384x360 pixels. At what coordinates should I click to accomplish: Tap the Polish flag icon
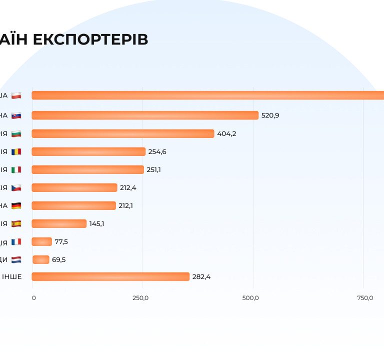(16, 95)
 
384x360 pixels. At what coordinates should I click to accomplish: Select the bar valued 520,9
(145, 115)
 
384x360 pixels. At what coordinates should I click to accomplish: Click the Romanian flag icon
(16, 151)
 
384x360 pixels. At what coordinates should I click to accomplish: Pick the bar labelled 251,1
(87, 169)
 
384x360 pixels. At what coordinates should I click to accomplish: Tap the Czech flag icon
(16, 187)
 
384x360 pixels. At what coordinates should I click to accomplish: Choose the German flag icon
(16, 205)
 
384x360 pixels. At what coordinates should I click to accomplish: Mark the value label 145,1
(96, 223)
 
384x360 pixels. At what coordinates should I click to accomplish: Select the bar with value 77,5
(41, 241)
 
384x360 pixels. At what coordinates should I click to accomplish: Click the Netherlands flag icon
(16, 259)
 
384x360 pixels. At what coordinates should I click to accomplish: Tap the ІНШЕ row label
(11, 277)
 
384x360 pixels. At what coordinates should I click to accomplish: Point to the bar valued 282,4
(110, 276)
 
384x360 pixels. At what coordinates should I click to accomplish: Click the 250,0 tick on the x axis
(140, 298)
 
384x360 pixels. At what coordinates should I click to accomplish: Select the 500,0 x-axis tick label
(250, 298)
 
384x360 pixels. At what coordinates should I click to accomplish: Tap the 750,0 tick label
(365, 298)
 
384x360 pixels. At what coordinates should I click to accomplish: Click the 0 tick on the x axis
(34, 298)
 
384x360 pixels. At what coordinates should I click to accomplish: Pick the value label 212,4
(128, 187)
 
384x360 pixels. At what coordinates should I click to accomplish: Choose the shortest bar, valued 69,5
(41, 259)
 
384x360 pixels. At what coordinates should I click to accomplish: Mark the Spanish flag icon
(16, 223)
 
